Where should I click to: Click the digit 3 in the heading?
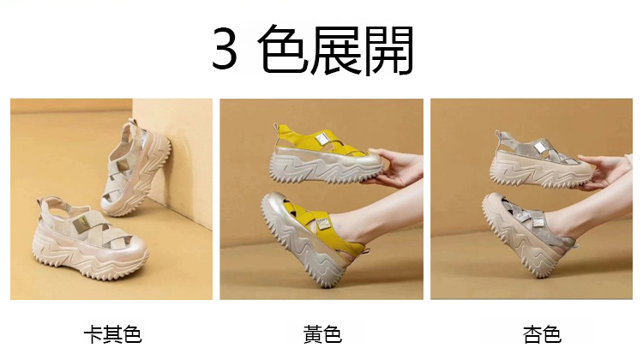tap(225, 48)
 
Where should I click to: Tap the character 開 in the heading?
tap(388, 50)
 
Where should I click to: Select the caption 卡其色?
tap(112, 334)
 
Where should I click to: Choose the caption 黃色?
tap(322, 334)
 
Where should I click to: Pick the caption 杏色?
tap(542, 334)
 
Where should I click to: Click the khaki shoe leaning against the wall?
tap(136, 168)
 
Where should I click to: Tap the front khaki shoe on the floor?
tap(90, 237)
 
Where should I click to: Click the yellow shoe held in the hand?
tap(327, 155)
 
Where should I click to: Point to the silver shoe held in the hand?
tap(541, 160)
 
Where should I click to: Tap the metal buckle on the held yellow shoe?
tap(321, 140)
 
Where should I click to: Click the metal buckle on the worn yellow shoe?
tap(321, 223)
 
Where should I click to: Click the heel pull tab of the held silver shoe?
tap(498, 135)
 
